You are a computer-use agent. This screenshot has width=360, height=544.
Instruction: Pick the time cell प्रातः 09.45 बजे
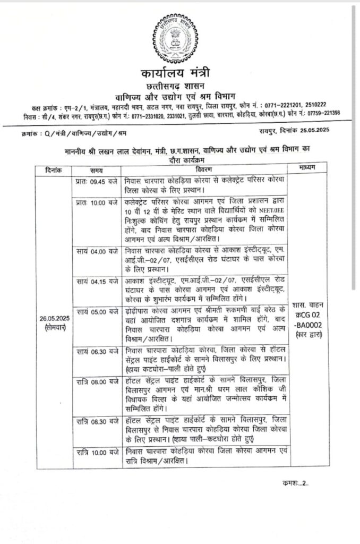coord(97,181)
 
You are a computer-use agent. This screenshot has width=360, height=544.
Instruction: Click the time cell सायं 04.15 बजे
coord(97,279)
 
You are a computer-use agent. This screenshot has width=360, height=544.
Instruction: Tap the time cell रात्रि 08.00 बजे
coord(97,382)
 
